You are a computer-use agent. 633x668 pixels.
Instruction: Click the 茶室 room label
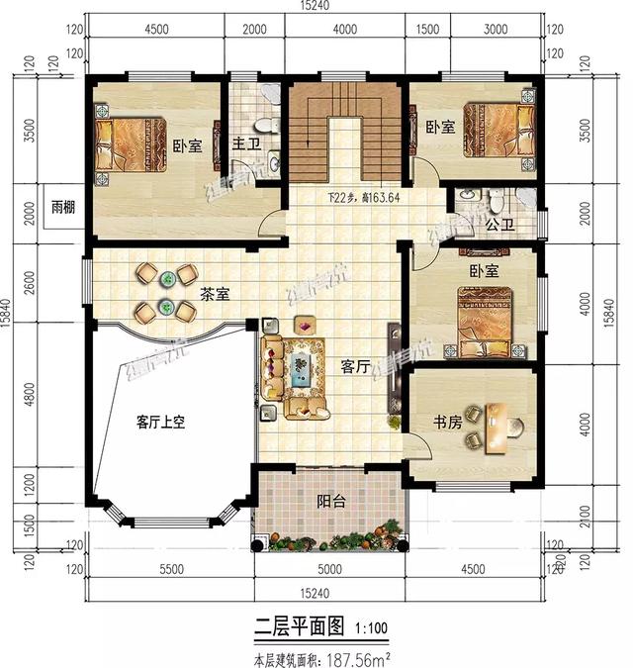click(216, 294)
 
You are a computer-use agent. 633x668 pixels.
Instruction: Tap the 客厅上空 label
click(160, 422)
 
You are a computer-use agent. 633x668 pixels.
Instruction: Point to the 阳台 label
click(331, 502)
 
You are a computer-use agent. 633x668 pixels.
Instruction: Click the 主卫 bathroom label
click(244, 144)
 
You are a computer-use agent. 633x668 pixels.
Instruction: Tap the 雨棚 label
click(64, 209)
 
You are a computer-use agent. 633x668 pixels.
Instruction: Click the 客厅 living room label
click(355, 366)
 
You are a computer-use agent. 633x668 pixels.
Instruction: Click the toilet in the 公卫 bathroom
click(497, 201)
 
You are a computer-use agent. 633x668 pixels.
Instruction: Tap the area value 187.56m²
click(353, 656)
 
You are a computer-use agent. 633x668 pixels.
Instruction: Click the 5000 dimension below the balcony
click(329, 570)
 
